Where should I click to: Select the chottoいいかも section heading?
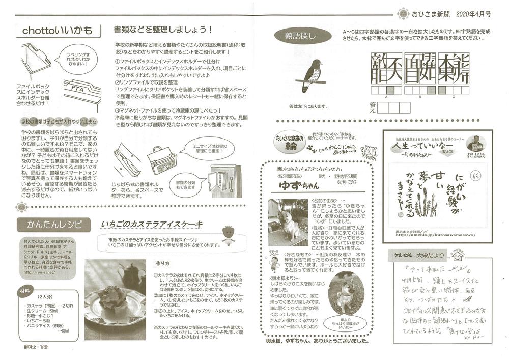(57, 31)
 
